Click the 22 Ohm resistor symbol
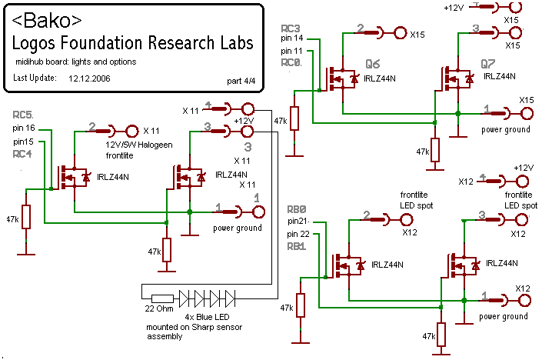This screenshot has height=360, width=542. click(x=161, y=297)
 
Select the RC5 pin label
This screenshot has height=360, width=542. click(x=24, y=116)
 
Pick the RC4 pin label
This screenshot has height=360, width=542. click(x=23, y=154)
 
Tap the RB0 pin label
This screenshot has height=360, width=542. click(x=296, y=208)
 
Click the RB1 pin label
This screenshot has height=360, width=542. click(x=297, y=246)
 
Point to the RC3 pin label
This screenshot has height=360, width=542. click(x=291, y=28)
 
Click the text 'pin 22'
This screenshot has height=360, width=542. click(x=299, y=234)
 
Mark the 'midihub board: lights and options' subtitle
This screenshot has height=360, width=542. click(x=75, y=61)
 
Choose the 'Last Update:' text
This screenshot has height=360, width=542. click(x=35, y=78)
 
